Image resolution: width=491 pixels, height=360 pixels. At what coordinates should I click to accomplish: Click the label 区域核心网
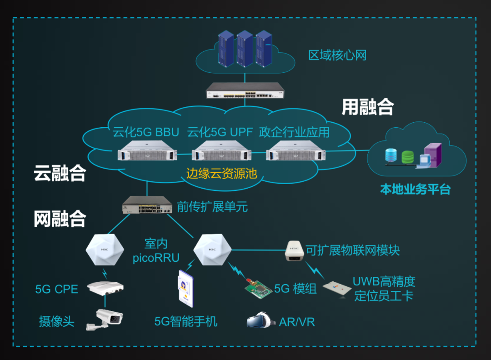click(x=337, y=56)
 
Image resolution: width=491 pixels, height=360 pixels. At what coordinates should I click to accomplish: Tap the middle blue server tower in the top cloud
click(x=245, y=48)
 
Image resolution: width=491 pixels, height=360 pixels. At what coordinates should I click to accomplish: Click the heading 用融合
click(x=367, y=107)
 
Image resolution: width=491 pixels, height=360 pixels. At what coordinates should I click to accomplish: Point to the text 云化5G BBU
click(x=146, y=133)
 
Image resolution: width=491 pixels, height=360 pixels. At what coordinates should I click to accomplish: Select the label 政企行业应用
click(x=294, y=133)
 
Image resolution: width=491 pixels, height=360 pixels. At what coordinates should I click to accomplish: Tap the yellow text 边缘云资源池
click(x=221, y=173)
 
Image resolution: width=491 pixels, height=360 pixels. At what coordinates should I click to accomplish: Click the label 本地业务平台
click(x=415, y=190)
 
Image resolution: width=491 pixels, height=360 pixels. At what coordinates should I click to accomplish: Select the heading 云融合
click(x=60, y=173)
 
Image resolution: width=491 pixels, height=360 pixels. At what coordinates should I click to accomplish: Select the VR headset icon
click(x=261, y=320)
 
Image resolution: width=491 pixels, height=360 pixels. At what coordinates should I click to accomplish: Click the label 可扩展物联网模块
click(x=352, y=250)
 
